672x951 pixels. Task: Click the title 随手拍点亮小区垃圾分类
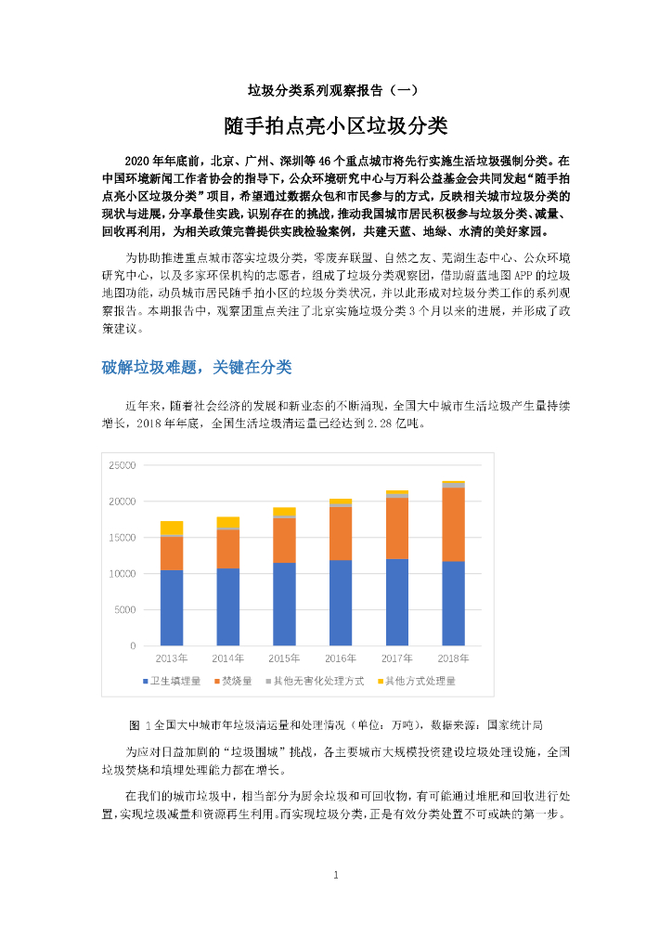(x=335, y=125)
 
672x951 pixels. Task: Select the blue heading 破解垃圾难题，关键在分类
(x=197, y=368)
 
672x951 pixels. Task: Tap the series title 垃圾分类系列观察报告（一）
(x=335, y=90)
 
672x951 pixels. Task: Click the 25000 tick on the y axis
(x=122, y=465)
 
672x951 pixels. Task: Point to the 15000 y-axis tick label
(x=122, y=538)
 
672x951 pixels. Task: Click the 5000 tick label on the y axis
(x=124, y=610)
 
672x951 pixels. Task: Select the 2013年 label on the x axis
(x=171, y=658)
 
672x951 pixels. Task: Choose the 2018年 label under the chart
(x=453, y=658)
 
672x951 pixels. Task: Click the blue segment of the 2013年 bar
(x=171, y=607)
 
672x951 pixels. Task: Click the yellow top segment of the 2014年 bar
(x=227, y=522)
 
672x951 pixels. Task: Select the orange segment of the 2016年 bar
(x=340, y=533)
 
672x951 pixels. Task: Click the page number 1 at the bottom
(x=336, y=875)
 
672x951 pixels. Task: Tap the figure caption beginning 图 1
(x=335, y=723)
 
